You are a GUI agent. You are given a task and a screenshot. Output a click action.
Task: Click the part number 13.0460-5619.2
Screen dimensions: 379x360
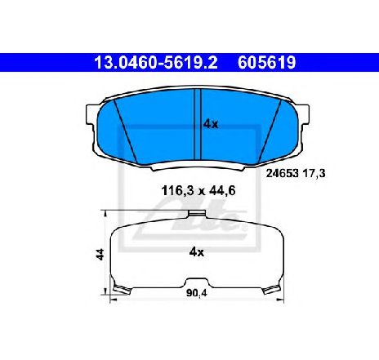(x=155, y=63)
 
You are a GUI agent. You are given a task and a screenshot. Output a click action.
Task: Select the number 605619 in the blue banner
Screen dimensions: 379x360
(x=266, y=63)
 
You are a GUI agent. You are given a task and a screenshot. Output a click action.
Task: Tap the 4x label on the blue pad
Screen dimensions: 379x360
(x=211, y=124)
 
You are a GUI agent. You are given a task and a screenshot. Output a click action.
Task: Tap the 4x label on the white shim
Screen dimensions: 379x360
(x=196, y=252)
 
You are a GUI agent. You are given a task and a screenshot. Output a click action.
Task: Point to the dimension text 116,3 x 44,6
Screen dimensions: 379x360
(x=198, y=191)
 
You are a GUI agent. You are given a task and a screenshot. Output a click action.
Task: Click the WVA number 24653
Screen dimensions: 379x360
(x=282, y=173)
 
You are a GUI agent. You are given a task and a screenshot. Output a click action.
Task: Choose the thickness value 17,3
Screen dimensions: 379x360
(x=314, y=173)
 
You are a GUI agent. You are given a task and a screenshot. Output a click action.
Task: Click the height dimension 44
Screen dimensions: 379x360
(x=100, y=254)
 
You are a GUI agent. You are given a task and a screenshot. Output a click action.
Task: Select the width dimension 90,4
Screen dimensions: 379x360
(x=197, y=293)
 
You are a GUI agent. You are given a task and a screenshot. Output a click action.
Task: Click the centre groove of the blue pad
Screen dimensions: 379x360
(x=198, y=124)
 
